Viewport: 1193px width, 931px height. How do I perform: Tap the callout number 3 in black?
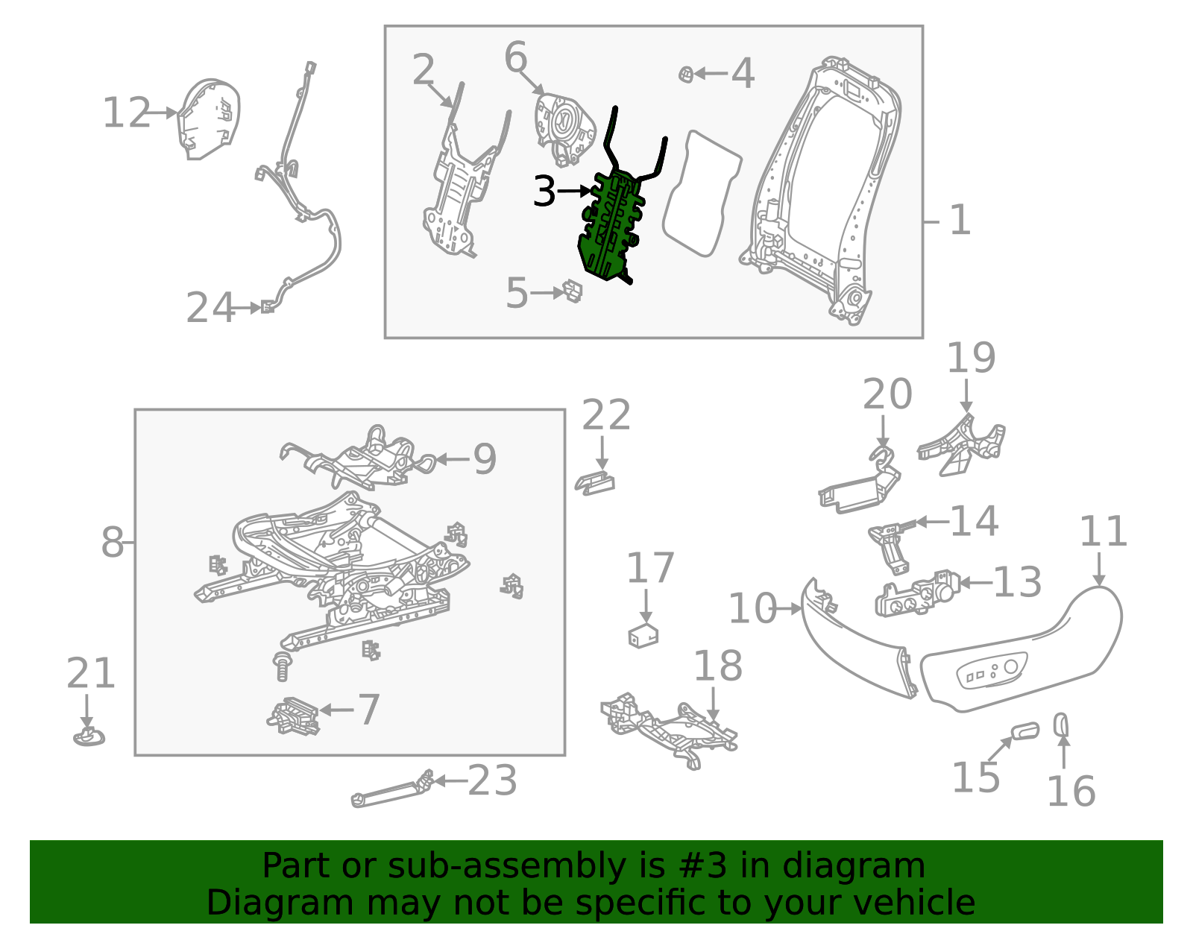tap(545, 192)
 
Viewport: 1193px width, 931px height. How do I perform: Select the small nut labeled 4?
tap(686, 74)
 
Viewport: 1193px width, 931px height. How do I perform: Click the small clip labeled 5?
tap(573, 291)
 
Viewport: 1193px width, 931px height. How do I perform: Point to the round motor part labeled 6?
tap(564, 123)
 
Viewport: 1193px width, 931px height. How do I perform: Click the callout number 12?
tap(126, 113)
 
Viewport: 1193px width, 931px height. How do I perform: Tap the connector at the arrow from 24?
tap(267, 306)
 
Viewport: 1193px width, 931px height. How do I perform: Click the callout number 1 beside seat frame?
tap(960, 221)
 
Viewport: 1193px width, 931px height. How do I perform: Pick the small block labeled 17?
tap(643, 636)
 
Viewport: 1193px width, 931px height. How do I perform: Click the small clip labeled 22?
tap(595, 483)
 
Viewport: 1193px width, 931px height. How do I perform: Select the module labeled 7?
tap(294, 716)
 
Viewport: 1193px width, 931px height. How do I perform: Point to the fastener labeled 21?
tap(89, 737)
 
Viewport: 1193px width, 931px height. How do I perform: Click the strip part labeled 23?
tap(391, 791)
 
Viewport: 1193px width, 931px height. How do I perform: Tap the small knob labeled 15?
tap(1024, 731)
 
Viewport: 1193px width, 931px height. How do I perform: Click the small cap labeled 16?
tap(1061, 725)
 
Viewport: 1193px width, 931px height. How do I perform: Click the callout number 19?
tap(971, 359)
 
